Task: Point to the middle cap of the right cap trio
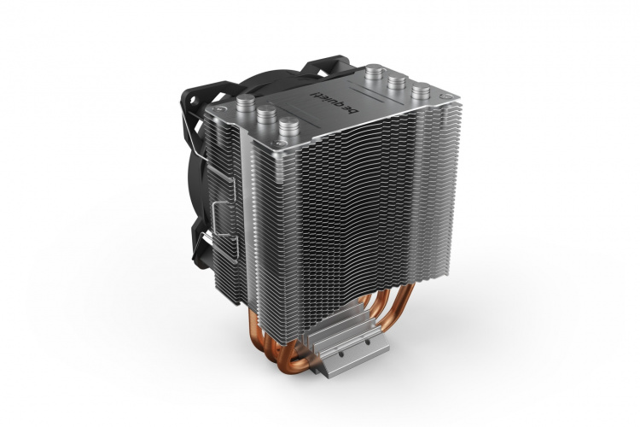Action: pyautogui.click(x=395, y=84)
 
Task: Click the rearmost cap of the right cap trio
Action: pyautogui.click(x=373, y=76)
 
